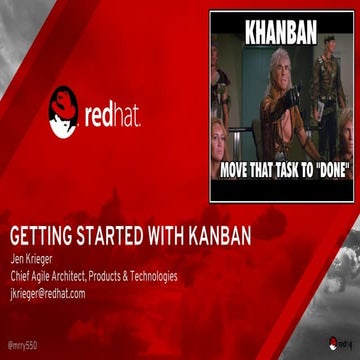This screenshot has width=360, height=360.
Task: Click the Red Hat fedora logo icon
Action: coord(62,111)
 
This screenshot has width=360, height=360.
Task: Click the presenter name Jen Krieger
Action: coord(29,263)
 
